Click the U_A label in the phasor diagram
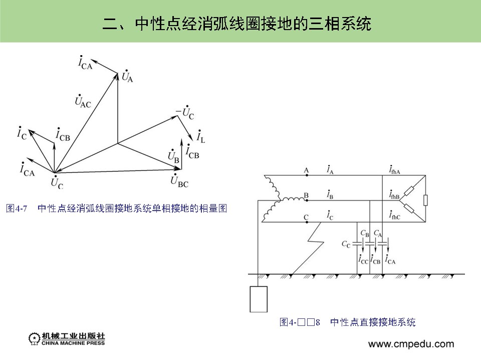click(x=127, y=76)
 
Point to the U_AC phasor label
click(x=82, y=101)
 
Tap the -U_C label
click(x=185, y=114)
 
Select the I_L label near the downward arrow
click(x=201, y=136)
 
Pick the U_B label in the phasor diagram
click(x=173, y=156)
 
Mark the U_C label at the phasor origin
click(x=57, y=183)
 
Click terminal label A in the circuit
click(x=306, y=170)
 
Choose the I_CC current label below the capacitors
click(x=363, y=260)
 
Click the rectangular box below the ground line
click(x=259, y=299)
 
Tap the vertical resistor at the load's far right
click(x=425, y=201)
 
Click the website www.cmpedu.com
click(x=411, y=344)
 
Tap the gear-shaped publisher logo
click(x=34, y=339)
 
